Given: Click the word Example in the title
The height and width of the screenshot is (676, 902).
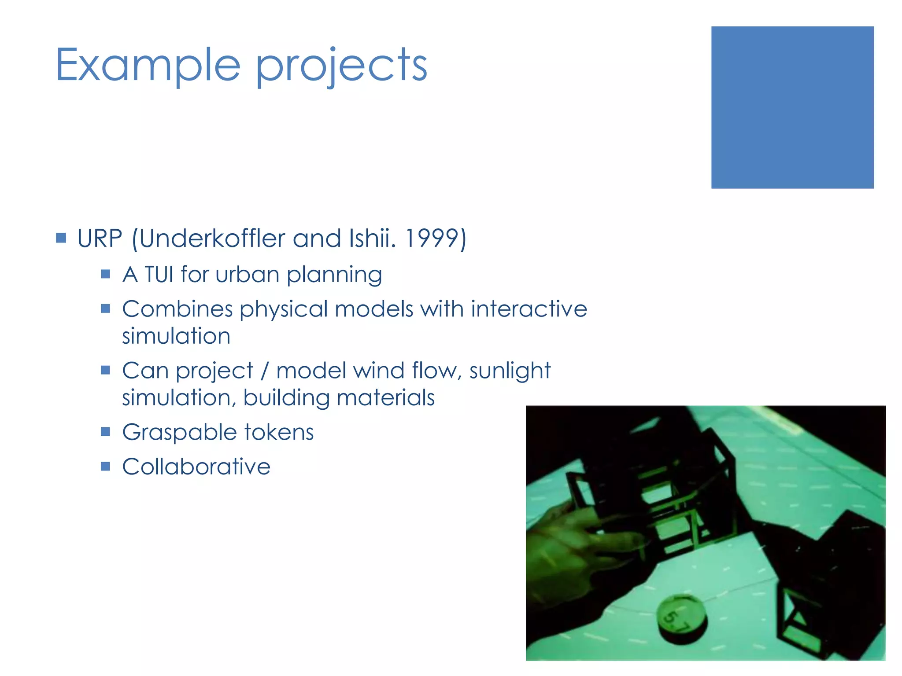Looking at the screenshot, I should tap(148, 65).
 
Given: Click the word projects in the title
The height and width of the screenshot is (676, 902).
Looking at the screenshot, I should tap(341, 66).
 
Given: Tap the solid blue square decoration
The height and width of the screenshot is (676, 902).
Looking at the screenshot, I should tap(792, 107).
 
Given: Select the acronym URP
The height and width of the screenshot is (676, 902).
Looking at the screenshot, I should tap(100, 239).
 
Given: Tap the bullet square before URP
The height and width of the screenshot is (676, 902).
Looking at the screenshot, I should tap(61, 238).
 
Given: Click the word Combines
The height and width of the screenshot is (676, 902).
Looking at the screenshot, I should tap(177, 309).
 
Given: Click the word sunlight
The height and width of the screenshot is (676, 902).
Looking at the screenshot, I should tap(510, 370).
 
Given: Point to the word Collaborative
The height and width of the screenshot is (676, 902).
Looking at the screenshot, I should tap(196, 467).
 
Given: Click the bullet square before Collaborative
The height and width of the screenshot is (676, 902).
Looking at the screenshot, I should tap(105, 466).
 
